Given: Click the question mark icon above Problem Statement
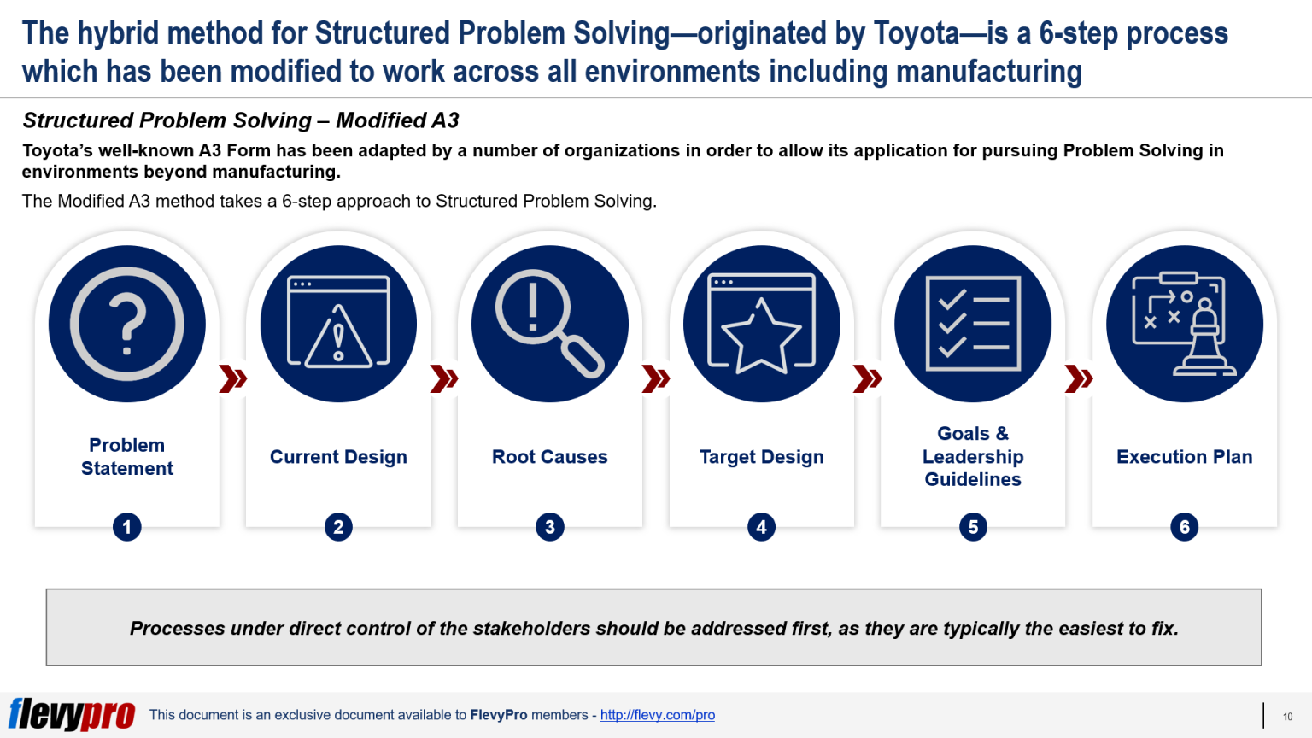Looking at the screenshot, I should [126, 324].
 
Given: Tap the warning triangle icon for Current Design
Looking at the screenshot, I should [338, 324].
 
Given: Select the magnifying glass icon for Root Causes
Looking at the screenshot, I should [549, 324].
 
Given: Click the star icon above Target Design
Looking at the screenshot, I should [761, 324].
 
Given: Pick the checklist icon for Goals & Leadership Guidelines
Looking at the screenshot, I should [973, 324].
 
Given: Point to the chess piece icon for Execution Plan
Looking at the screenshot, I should [1185, 324].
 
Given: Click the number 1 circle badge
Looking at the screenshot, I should [127, 527].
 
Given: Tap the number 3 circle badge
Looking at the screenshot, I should [550, 527].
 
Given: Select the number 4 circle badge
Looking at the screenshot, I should [761, 527].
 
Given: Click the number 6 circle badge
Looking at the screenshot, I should [1185, 527].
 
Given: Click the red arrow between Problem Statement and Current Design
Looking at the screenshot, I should [232, 378].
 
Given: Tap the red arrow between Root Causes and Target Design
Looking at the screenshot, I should [655, 378].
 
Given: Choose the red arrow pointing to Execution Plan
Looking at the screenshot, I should [1078, 378].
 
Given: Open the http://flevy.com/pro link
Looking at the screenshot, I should [657, 715].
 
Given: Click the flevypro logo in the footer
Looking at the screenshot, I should [72, 714].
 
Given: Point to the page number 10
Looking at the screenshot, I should [1287, 717].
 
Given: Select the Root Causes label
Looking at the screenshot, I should [549, 457].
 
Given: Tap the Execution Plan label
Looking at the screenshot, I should [1184, 457].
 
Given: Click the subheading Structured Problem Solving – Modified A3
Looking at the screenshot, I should [241, 120].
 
